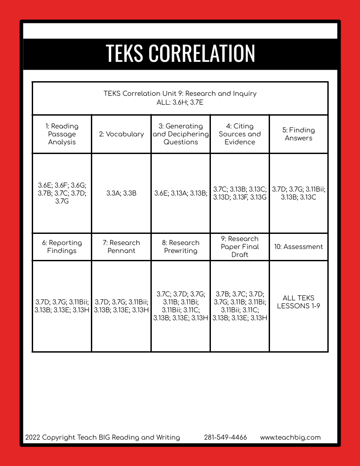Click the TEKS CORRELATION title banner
(180, 53)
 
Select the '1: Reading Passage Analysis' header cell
(62, 134)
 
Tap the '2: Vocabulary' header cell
(121, 134)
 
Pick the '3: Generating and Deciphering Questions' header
(180, 134)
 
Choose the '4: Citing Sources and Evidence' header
(240, 134)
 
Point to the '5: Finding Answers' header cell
(299, 134)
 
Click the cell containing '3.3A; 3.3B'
(121, 193)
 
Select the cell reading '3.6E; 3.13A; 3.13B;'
(180, 193)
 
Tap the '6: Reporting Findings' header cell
(62, 247)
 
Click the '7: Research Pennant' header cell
(121, 247)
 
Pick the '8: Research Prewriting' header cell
(180, 247)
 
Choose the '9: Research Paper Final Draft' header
(240, 247)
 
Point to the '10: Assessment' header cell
(299, 247)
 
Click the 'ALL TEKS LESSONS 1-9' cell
(299, 302)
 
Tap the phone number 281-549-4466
(225, 438)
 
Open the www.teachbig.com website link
(290, 438)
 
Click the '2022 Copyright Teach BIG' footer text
(102, 438)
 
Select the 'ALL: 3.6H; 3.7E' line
(180, 102)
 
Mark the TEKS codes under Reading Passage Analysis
(62, 193)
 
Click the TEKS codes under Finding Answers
(299, 193)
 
